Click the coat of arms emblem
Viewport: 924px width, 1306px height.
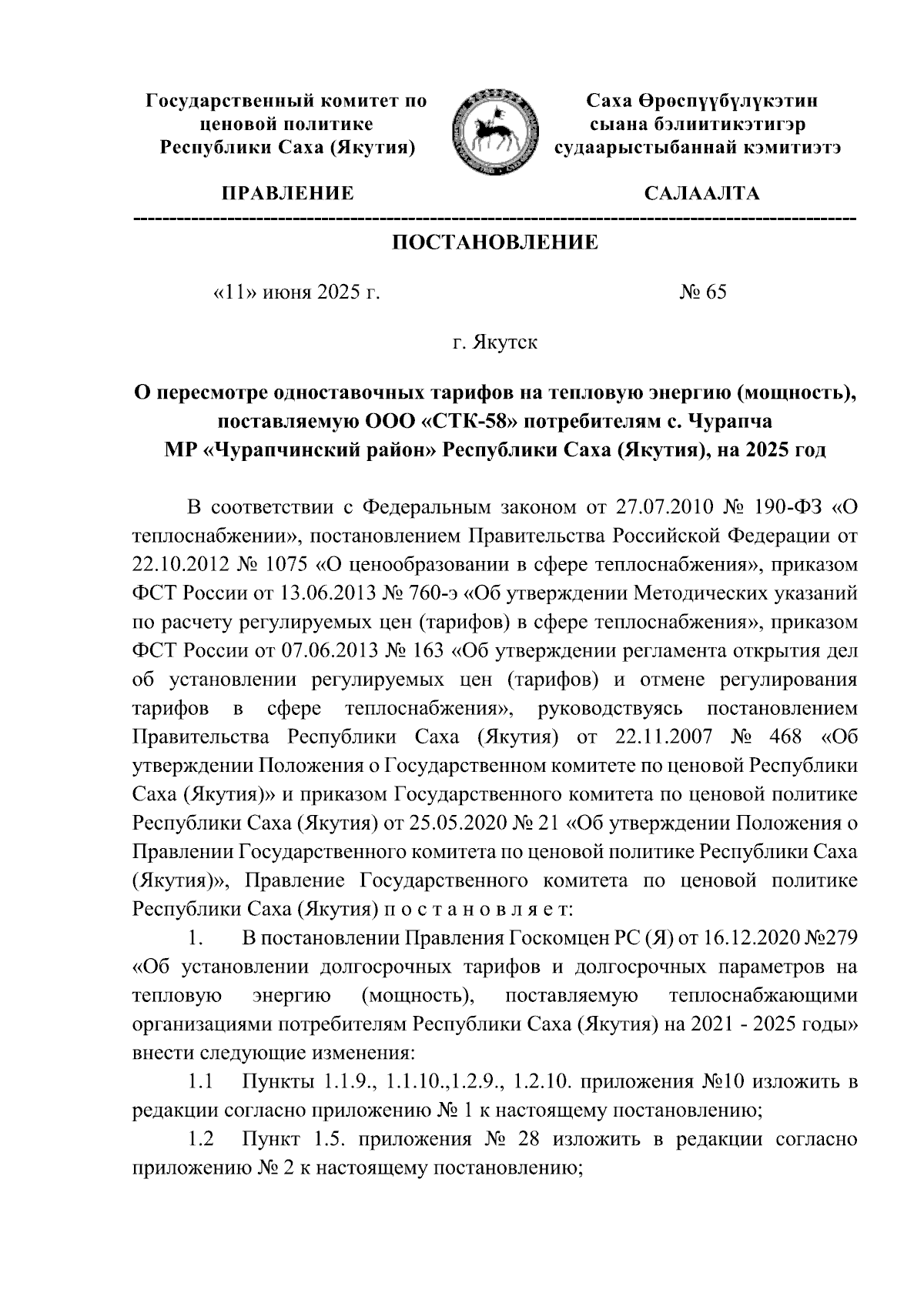point(492,130)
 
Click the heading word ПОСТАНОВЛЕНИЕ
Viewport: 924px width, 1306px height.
point(495,243)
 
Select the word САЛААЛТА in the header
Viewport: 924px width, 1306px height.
point(701,193)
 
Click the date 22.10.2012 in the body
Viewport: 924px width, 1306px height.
point(178,564)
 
